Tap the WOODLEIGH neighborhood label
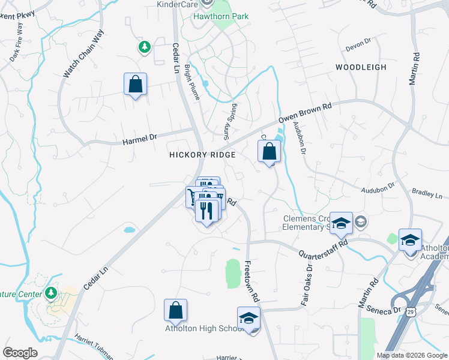360,67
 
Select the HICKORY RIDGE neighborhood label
202,154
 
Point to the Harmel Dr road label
139,140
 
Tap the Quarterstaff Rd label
324,247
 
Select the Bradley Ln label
427,196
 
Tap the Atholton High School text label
203,328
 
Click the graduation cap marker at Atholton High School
249,319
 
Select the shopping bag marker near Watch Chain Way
135,84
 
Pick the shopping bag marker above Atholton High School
175,310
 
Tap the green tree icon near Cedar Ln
144,47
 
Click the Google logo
20,353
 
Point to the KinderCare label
177,5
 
